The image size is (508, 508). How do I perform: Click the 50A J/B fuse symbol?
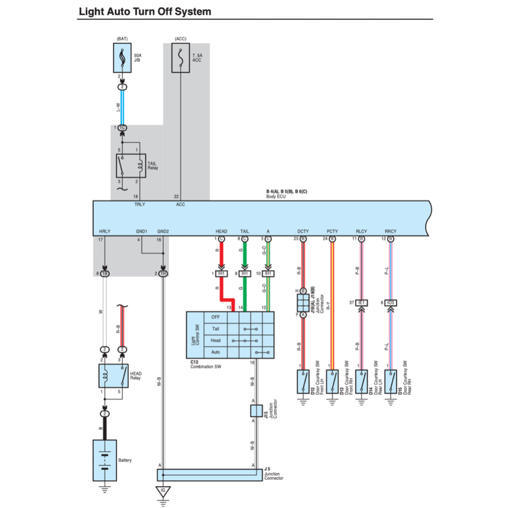click(122, 58)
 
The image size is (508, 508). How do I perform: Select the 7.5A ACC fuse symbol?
click(181, 58)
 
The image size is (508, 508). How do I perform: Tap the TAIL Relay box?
click(131, 166)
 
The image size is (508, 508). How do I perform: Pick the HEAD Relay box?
click(113, 376)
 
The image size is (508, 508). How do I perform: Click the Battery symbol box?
click(105, 460)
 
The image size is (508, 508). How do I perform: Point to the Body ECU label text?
click(276, 196)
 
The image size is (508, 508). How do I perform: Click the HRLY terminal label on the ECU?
click(105, 232)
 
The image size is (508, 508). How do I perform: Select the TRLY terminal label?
click(140, 204)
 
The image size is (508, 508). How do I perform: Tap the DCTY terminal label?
click(303, 232)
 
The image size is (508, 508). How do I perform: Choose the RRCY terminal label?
click(390, 232)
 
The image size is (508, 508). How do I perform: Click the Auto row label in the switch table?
click(215, 352)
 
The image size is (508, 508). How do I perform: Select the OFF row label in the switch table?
click(215, 317)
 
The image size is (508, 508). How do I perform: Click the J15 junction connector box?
click(256, 410)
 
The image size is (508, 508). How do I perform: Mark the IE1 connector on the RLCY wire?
click(361, 303)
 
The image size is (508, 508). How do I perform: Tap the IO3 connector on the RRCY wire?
click(390, 303)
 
